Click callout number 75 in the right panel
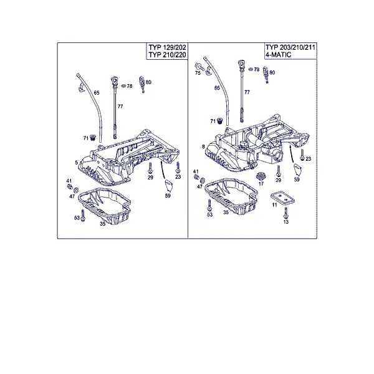point(198,73)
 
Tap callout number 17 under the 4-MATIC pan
point(261,183)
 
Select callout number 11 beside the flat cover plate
point(274,204)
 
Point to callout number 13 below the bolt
point(285,222)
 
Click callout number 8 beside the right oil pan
point(203,146)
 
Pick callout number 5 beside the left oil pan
point(76,163)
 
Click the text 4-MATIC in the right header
point(279,55)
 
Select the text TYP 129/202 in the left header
point(167,47)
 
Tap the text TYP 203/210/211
point(290,47)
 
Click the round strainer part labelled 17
point(261,176)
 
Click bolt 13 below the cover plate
point(285,213)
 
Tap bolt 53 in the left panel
point(83,216)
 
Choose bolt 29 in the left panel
point(150,168)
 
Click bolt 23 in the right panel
point(302,155)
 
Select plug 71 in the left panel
point(92,137)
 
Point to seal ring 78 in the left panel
point(123,85)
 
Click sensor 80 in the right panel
point(266,74)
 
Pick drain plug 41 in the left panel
point(70,186)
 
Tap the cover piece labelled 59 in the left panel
point(169,186)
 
